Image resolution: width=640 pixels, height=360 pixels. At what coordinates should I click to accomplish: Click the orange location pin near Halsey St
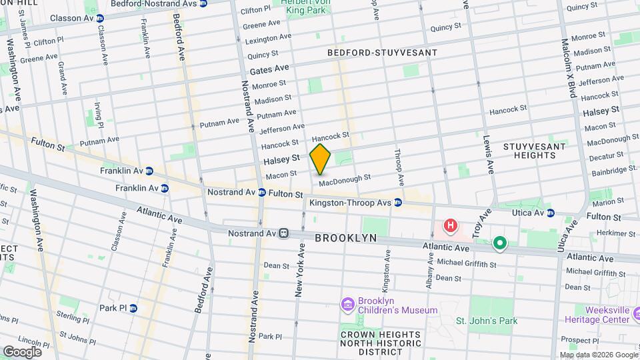point(321,159)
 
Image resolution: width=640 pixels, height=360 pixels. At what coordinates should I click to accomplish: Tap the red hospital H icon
point(451,226)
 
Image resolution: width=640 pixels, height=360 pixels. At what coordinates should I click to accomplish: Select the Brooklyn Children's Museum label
point(397,305)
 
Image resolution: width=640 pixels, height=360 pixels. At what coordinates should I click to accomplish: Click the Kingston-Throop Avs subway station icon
point(397,202)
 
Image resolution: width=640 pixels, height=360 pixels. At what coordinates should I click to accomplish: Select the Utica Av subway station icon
point(551,213)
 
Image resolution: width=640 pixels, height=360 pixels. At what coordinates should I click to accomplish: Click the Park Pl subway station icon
point(133,308)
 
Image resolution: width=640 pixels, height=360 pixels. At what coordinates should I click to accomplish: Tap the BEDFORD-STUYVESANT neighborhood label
point(382,52)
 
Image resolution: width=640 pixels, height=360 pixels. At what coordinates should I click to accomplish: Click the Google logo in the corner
point(22,351)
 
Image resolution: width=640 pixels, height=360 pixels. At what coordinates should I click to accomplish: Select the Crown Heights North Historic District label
point(381,343)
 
